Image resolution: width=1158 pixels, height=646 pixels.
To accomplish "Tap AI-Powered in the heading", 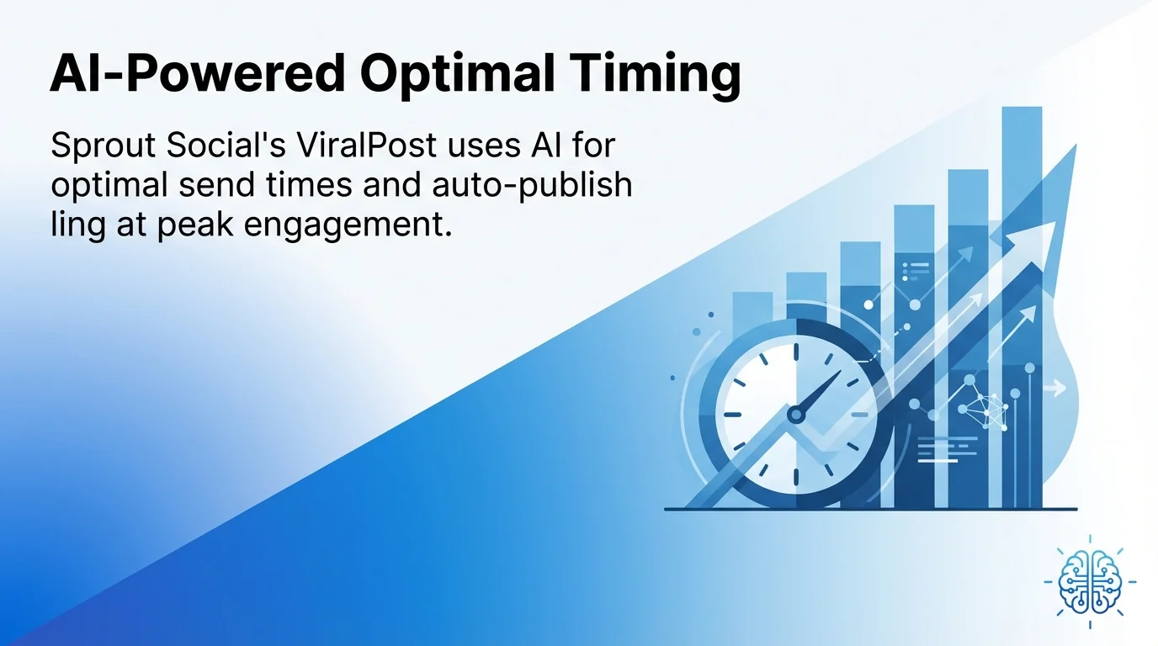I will pos(197,76).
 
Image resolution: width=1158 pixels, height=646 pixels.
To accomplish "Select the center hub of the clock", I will pos(794,414).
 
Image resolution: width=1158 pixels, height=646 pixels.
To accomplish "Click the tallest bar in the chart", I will pos(1022,303).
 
